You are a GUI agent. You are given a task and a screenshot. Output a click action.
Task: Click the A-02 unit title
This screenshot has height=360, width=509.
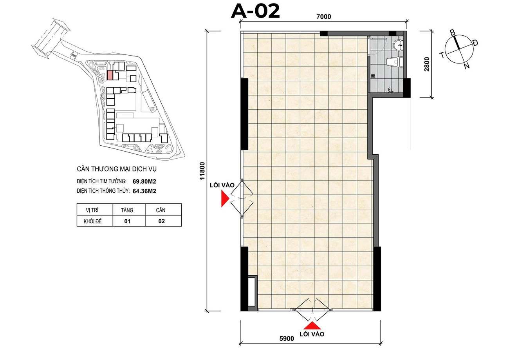(x=255, y=11)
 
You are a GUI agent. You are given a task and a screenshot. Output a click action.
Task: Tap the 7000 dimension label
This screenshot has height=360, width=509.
(x=324, y=17)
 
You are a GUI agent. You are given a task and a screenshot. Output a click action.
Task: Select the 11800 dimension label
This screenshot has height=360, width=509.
(x=202, y=171)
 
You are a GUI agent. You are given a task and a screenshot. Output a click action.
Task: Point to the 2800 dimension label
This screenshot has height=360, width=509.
(x=427, y=64)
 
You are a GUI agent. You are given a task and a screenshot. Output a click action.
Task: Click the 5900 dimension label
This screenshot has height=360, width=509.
(x=287, y=338)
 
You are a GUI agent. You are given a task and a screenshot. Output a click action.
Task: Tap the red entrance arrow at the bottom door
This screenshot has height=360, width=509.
(x=312, y=326)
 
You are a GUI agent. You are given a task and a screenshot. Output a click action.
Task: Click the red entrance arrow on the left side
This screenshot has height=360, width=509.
(x=225, y=198)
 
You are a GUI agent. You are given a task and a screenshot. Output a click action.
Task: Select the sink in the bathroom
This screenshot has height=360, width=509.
(x=398, y=45)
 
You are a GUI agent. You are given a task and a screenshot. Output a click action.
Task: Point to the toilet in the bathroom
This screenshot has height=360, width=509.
(x=394, y=62)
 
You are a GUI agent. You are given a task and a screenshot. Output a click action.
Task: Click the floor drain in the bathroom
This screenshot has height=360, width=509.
(x=373, y=75)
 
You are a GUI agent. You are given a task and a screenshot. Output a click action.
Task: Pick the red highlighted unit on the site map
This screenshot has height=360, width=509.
(x=110, y=75)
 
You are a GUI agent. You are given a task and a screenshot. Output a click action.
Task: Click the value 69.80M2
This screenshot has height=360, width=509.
(x=144, y=182)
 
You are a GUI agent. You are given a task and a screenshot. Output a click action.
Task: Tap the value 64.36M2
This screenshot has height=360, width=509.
(x=144, y=191)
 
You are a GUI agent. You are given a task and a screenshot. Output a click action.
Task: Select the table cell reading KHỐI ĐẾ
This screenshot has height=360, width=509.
(x=92, y=221)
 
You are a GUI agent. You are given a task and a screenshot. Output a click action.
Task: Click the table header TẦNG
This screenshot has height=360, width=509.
(x=127, y=210)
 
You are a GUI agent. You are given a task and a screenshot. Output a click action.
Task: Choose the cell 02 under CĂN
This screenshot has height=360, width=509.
(x=162, y=221)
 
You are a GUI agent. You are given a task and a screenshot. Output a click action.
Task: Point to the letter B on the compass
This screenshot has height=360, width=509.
(x=453, y=33)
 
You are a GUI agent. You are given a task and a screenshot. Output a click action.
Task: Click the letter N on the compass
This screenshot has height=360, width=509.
(x=467, y=66)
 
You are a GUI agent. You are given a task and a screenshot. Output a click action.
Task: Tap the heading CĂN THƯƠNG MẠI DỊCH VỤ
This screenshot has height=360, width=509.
(x=117, y=169)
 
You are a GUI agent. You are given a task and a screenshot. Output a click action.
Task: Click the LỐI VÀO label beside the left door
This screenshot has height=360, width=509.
(x=222, y=185)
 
